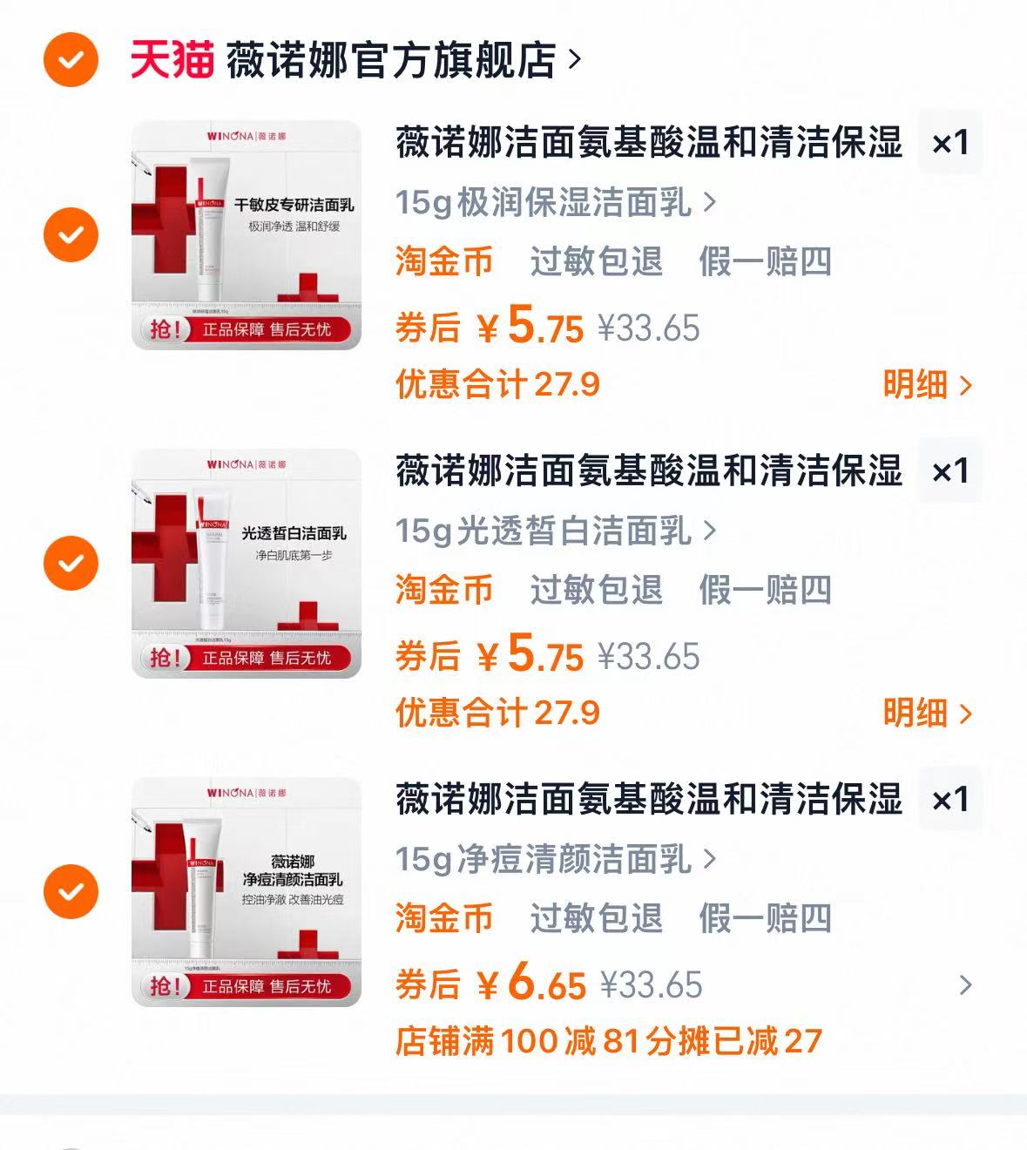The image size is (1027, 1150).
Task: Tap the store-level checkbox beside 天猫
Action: [71, 59]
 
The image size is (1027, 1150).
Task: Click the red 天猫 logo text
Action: [172, 59]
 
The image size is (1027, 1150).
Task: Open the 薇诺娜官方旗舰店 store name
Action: [391, 60]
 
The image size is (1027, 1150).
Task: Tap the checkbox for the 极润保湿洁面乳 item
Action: [71, 234]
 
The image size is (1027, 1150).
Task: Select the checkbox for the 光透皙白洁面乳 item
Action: [71, 563]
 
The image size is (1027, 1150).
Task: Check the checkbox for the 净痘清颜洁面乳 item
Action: [71, 891]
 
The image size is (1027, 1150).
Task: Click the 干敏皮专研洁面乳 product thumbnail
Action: [246, 235]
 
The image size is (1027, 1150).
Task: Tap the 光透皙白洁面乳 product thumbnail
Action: [246, 564]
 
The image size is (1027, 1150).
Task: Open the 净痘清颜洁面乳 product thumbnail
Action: [246, 892]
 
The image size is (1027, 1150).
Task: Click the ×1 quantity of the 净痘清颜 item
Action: [950, 800]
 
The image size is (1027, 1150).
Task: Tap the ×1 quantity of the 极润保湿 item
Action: [950, 143]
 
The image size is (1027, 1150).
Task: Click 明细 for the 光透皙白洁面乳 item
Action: [927, 714]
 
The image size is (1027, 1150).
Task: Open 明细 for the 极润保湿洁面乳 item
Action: [927, 385]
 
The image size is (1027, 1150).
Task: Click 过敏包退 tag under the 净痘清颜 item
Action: [596, 918]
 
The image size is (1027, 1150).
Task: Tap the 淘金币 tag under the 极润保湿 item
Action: [444, 261]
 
